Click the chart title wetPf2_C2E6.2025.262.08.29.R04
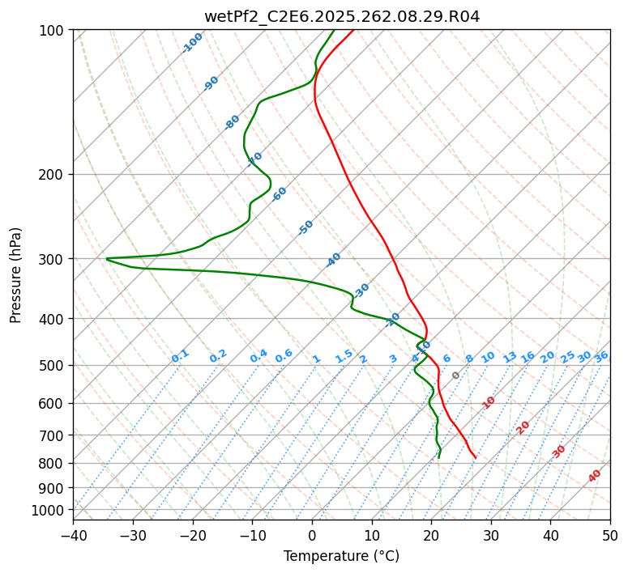click(341, 16)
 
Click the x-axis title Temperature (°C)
click(341, 556)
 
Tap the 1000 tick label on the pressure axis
click(51, 510)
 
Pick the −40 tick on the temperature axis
click(73, 535)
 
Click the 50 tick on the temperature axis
click(610, 535)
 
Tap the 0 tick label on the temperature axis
click(312, 535)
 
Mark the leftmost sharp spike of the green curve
click(106, 259)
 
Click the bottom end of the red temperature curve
click(476, 458)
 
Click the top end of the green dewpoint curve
click(335, 30)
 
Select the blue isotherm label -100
click(192, 43)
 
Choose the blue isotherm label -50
click(305, 227)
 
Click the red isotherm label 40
click(595, 476)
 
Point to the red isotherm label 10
click(489, 402)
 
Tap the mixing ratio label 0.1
click(180, 356)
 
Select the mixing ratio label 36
click(601, 356)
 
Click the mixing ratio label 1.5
click(344, 355)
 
